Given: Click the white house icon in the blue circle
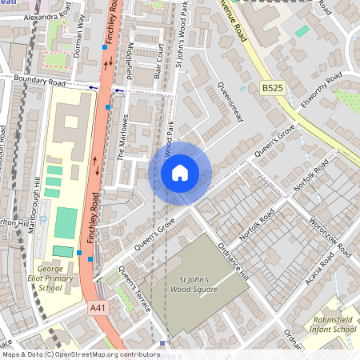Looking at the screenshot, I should pos(179,172).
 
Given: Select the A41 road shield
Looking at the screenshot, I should pos(98,307).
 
